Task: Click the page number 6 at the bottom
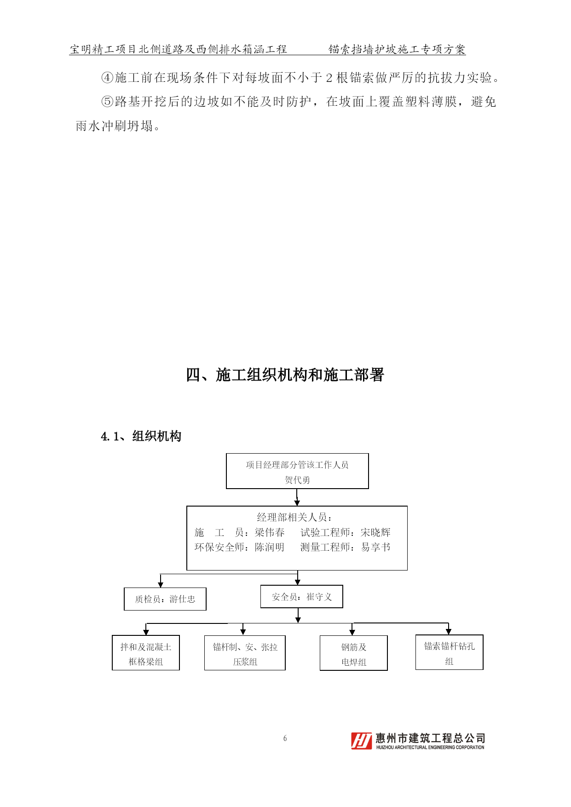pyautogui.click(x=285, y=738)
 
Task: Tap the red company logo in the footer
pyautogui.click(x=361, y=741)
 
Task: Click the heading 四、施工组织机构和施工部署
pyautogui.click(x=285, y=375)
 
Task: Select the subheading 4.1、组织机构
pyautogui.click(x=141, y=436)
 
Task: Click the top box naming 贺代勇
pyautogui.click(x=297, y=471)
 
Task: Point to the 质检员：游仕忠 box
pyautogui.click(x=165, y=599)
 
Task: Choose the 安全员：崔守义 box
pyautogui.click(x=302, y=597)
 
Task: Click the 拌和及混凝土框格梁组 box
pyautogui.click(x=146, y=653)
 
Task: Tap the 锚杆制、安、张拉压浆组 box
pyautogui.click(x=245, y=653)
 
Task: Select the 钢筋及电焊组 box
pyautogui.click(x=354, y=653)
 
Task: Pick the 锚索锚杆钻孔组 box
pyautogui.click(x=450, y=652)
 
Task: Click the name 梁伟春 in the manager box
pyautogui.click(x=270, y=532)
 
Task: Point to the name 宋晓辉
pyautogui.click(x=375, y=532)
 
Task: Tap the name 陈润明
pyautogui.click(x=270, y=547)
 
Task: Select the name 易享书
pyautogui.click(x=375, y=547)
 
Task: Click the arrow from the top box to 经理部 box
pyautogui.click(x=297, y=497)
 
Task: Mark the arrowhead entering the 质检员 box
pyautogui.click(x=161, y=584)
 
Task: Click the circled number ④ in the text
pyautogui.click(x=107, y=78)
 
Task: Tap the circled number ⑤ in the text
pyautogui.click(x=107, y=102)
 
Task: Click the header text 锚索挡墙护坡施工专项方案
pyautogui.click(x=397, y=49)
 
